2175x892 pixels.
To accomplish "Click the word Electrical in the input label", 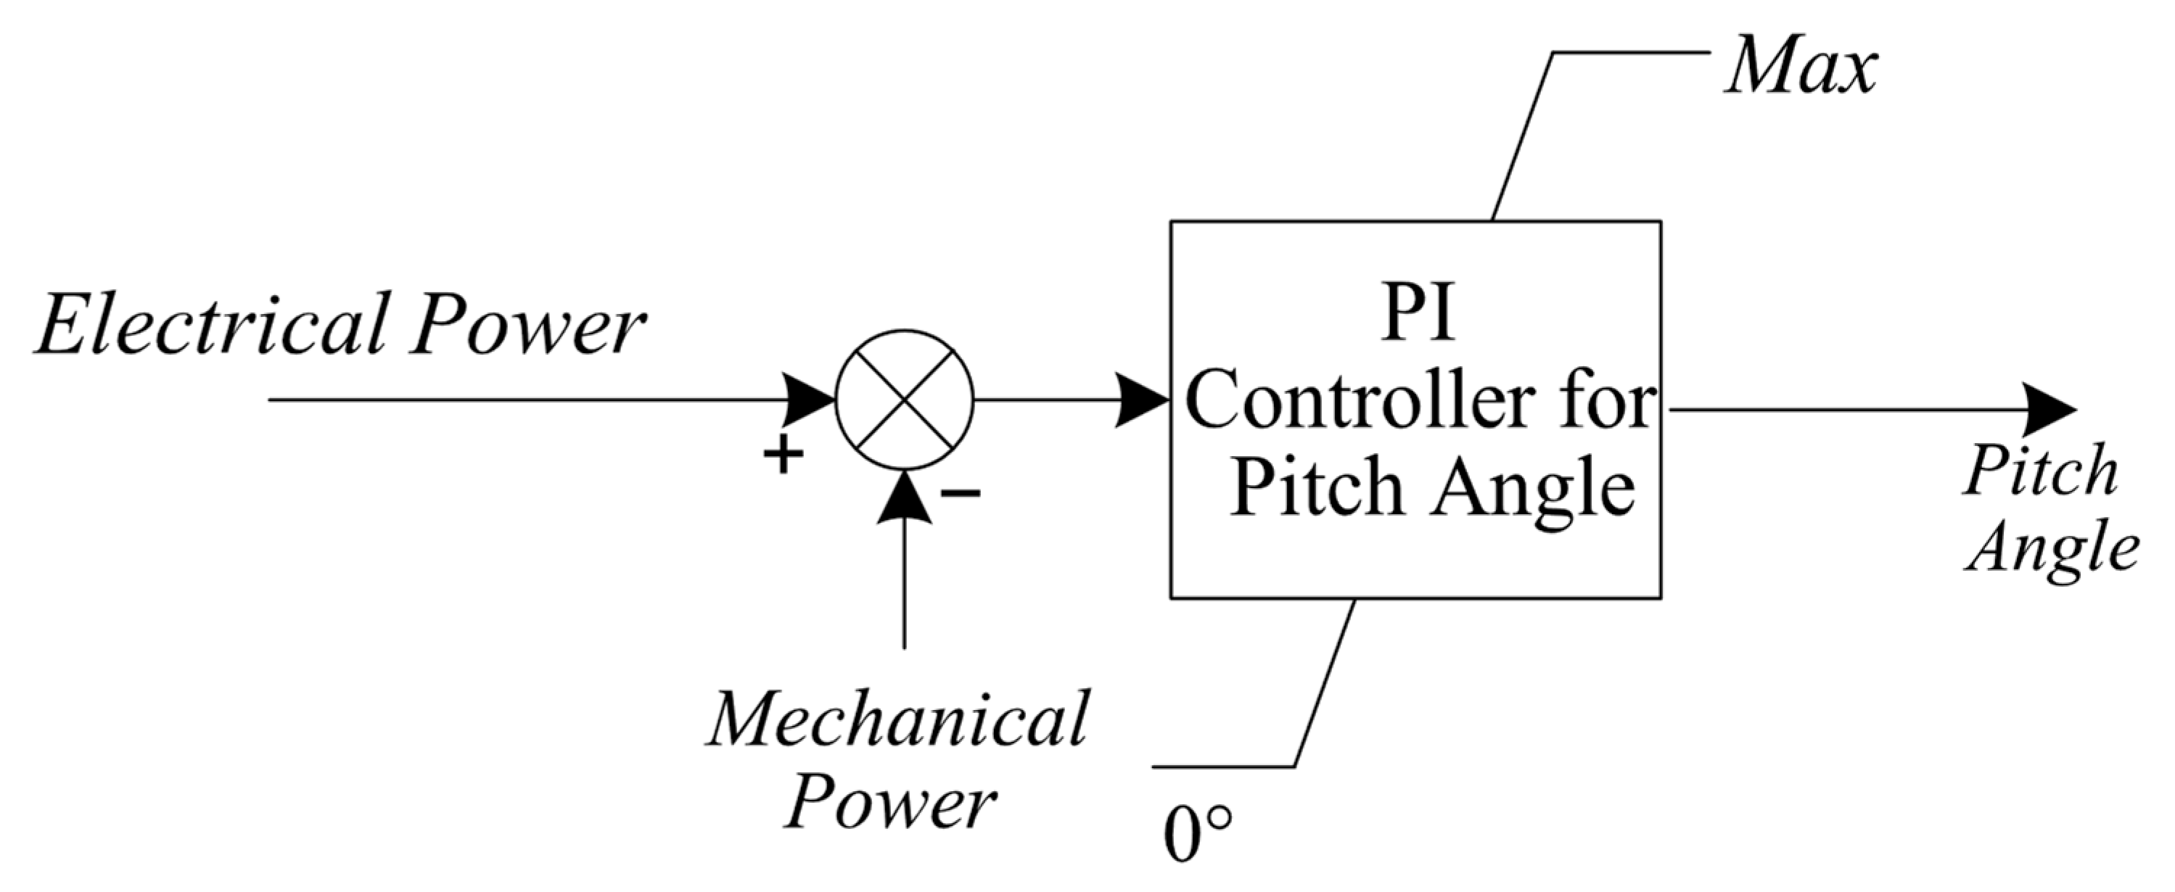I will click(x=211, y=325).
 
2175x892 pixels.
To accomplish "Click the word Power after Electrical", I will click(x=527, y=325).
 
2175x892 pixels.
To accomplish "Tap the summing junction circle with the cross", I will click(x=904, y=400).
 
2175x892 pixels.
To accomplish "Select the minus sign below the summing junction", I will click(x=960, y=492).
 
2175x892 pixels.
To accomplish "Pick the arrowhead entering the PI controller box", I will click(x=1141, y=400).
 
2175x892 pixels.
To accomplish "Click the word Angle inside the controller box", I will click(x=1532, y=490).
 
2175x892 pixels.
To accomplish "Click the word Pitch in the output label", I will click(x=2040, y=471).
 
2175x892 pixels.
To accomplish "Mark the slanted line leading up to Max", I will click(x=1522, y=138).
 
